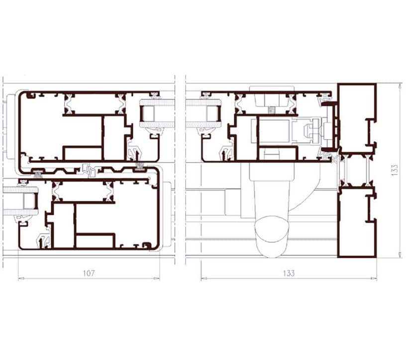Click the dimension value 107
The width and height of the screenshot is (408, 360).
[89, 273]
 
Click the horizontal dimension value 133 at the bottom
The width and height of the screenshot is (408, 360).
[289, 273]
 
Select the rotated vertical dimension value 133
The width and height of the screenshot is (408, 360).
[395, 170]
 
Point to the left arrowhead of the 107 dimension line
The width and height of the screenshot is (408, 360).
[21, 278]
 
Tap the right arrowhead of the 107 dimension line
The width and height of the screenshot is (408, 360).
[157, 278]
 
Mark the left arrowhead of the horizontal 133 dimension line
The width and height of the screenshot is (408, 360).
[204, 278]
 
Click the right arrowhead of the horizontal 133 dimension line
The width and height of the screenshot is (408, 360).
[374, 278]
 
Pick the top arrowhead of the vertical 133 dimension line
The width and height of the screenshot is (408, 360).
[400, 87]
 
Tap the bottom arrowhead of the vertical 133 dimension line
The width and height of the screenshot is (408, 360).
[400, 255]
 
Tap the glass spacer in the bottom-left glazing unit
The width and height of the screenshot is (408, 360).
[30, 201]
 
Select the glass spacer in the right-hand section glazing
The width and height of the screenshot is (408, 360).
[213, 114]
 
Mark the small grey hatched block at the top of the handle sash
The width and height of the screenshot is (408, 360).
[271, 110]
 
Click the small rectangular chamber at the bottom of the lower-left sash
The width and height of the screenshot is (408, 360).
[95, 241]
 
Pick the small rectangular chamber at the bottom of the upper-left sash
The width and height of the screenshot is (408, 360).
[83, 154]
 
